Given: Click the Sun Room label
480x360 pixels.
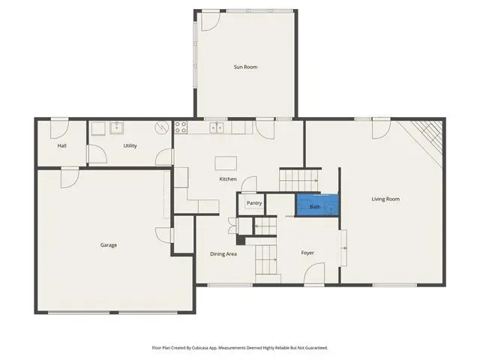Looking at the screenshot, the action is click(x=245, y=67).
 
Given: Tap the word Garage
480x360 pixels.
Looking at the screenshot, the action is click(x=108, y=245).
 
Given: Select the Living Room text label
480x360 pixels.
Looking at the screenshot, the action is click(x=385, y=199).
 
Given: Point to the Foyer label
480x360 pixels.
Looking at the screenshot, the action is click(x=307, y=253).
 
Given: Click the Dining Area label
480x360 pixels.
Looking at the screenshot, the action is click(x=223, y=253).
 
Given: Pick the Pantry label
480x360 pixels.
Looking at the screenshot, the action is click(x=254, y=203).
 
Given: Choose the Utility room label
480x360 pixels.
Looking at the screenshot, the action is click(x=130, y=145).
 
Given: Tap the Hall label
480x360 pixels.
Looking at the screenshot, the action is click(x=61, y=145).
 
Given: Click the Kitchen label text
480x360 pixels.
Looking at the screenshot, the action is click(x=228, y=178).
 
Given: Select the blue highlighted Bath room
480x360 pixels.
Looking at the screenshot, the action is click(x=316, y=205).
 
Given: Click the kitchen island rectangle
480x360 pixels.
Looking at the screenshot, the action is click(x=226, y=163).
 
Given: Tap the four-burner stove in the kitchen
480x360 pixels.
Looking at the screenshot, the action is click(x=181, y=127).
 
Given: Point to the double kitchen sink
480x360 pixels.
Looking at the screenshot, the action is click(x=217, y=127).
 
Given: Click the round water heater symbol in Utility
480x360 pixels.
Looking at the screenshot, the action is click(x=162, y=127).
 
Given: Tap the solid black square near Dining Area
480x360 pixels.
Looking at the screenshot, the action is click(x=241, y=240).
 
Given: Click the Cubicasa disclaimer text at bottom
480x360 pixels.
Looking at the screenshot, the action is click(x=240, y=348).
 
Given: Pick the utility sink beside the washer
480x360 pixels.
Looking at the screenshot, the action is click(x=117, y=128).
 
